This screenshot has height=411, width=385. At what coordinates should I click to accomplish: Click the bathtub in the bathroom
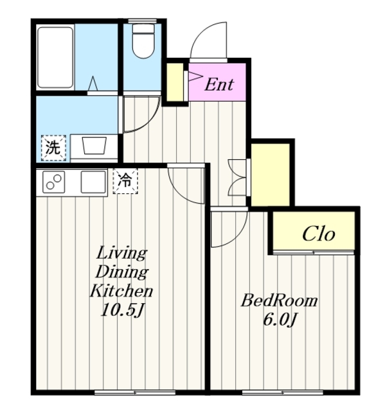(x=55, y=58)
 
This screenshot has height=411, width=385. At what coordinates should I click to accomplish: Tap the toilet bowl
(x=143, y=41)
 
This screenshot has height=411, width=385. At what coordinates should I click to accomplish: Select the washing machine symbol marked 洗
(x=53, y=148)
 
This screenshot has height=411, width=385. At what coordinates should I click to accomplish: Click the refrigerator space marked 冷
(x=125, y=180)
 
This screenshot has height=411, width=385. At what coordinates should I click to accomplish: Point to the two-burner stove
(x=54, y=182)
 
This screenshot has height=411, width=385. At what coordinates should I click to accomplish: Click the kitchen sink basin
(x=93, y=182)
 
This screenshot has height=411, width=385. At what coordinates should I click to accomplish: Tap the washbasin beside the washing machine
(x=94, y=146)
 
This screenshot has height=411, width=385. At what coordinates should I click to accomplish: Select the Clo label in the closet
(x=318, y=234)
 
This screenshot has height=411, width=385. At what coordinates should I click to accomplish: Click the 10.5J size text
(x=122, y=310)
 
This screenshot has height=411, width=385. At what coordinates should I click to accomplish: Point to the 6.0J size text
(x=280, y=320)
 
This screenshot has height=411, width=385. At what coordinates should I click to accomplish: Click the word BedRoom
(x=280, y=301)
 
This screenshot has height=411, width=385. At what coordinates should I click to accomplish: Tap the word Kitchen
(x=121, y=291)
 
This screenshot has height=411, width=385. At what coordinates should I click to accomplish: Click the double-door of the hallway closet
(x=237, y=177)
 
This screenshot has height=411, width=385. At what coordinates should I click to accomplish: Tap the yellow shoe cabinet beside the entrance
(x=175, y=82)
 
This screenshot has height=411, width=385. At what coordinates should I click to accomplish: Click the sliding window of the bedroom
(x=282, y=392)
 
